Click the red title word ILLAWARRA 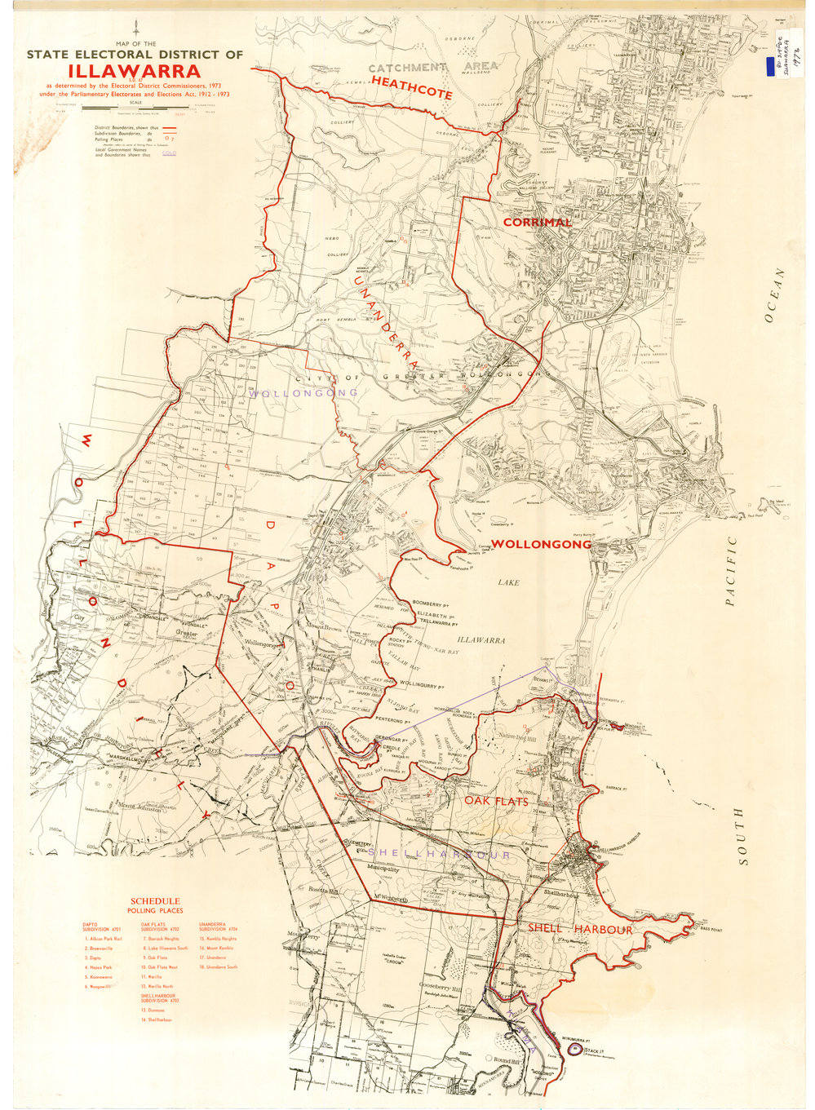tap(134, 71)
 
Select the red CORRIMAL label tap(537, 223)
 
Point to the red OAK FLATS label tap(496, 802)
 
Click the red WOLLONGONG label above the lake tap(541, 544)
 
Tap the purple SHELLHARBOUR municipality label tap(439, 854)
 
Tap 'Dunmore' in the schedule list tap(156, 1010)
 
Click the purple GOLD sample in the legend tap(169, 153)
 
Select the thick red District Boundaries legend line tap(170, 128)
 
